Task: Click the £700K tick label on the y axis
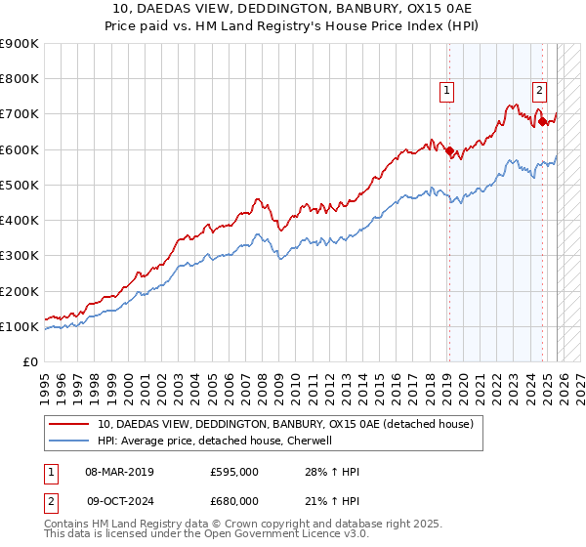tap(20, 114)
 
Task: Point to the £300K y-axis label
tap(20, 256)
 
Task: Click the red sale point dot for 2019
tap(449, 151)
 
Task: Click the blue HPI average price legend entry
tap(215, 441)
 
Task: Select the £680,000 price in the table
tap(234, 501)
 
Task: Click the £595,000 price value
tap(234, 472)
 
